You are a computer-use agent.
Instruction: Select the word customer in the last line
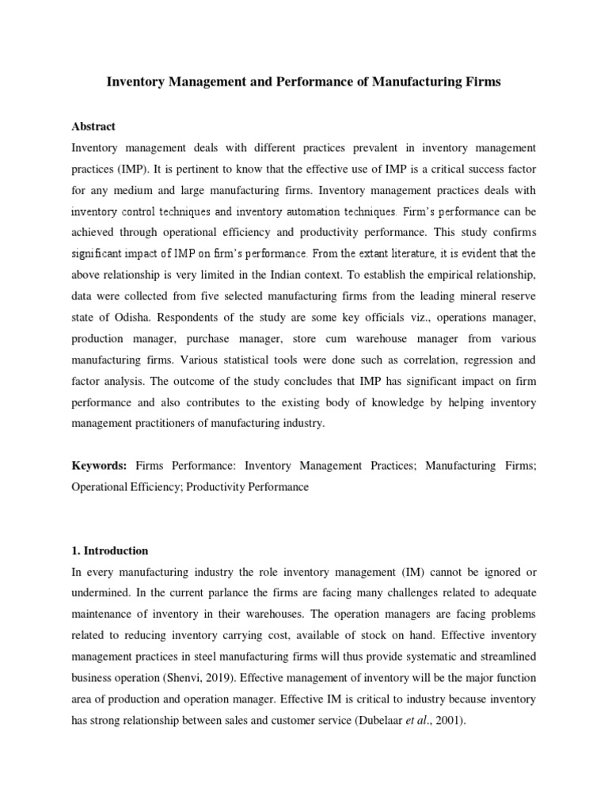(301, 721)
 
